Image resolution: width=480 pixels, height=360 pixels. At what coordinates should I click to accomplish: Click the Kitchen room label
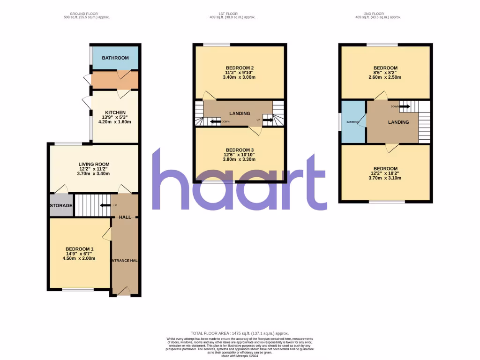[x=115, y=112]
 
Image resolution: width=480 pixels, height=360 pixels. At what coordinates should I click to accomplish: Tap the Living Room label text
[x=94, y=164]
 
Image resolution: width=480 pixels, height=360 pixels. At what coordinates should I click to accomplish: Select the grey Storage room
[x=61, y=205]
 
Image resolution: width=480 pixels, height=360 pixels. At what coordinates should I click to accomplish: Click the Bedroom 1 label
[x=80, y=249]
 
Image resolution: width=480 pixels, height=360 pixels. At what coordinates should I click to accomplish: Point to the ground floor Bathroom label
[x=115, y=58]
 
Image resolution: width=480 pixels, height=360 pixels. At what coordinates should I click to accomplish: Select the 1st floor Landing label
[x=240, y=113]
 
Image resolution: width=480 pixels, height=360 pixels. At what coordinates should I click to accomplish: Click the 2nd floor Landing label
[x=398, y=122]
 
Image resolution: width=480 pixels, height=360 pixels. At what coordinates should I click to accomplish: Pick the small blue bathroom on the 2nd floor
[x=352, y=122]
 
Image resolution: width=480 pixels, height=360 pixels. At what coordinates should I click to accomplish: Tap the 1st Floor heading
[x=232, y=14]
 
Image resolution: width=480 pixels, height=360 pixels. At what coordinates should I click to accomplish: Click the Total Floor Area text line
[x=240, y=332]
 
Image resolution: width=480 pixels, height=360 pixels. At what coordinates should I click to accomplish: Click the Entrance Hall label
[x=125, y=260]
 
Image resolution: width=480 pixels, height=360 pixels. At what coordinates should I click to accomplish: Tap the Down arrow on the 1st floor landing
[x=216, y=122]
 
